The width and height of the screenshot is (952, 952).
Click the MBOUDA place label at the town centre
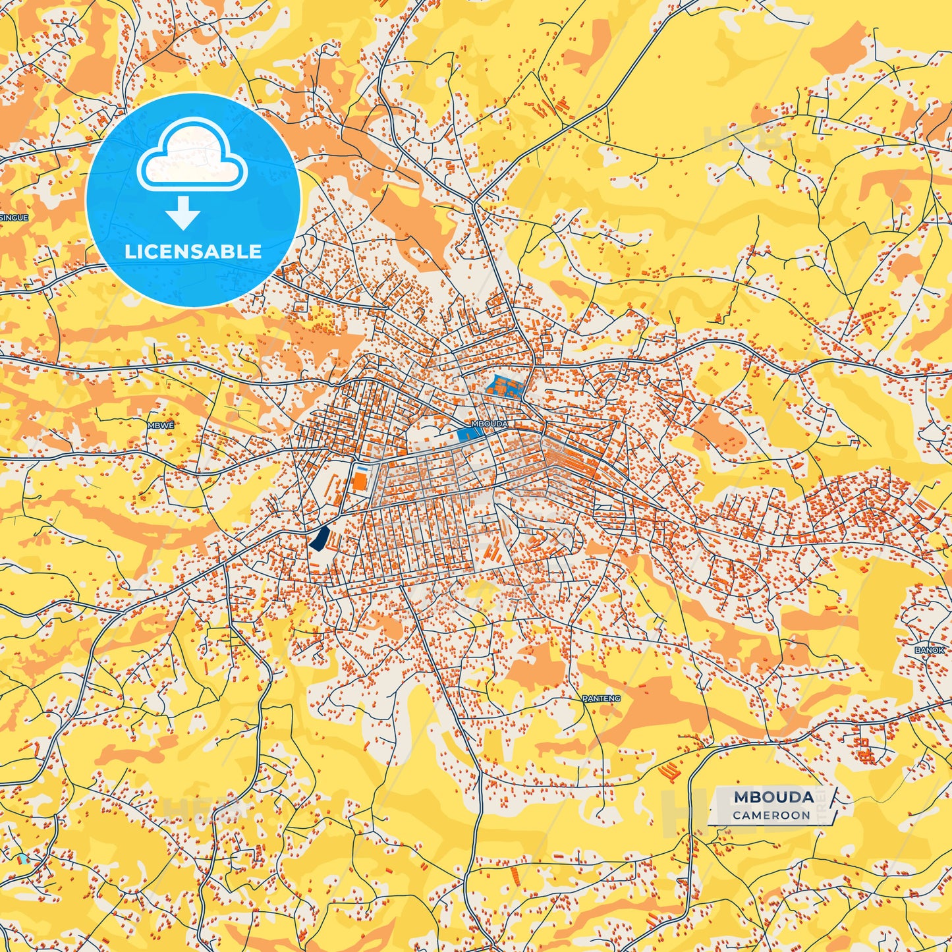(x=490, y=424)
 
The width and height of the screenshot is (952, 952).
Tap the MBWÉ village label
(x=161, y=425)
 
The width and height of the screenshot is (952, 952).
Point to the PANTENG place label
(x=601, y=698)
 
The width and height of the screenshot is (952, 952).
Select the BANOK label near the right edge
(x=929, y=650)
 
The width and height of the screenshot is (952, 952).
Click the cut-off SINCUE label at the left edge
(x=13, y=217)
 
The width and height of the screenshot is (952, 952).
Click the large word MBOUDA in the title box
(x=773, y=797)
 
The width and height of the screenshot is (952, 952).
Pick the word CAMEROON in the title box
(x=771, y=815)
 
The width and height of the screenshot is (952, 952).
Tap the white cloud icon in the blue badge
(x=192, y=155)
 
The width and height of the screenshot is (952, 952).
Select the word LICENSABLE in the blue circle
(x=193, y=252)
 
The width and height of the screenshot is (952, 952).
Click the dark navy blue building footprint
(x=320, y=538)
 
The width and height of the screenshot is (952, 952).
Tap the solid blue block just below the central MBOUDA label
(x=468, y=434)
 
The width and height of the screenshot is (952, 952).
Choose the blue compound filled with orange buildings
(x=503, y=386)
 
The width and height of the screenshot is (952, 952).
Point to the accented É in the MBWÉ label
(x=171, y=425)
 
